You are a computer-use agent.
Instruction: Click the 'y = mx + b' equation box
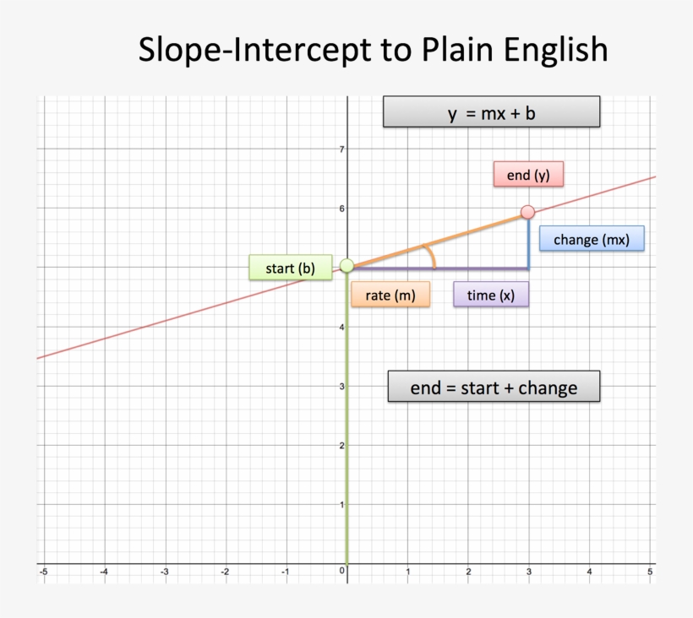click(x=491, y=112)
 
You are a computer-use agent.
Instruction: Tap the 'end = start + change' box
click(x=494, y=388)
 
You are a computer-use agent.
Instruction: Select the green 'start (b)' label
click(x=290, y=268)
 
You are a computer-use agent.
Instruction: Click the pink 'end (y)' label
click(x=528, y=176)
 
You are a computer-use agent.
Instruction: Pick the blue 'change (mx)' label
click(x=592, y=239)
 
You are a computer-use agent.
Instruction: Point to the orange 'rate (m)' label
click(x=390, y=295)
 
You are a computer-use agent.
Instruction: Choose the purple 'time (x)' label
click(x=490, y=295)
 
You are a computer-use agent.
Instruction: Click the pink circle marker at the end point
click(x=528, y=212)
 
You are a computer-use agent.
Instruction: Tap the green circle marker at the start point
click(x=346, y=266)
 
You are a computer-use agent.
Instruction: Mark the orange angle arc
click(x=430, y=255)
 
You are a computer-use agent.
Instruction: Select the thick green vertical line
click(x=346, y=422)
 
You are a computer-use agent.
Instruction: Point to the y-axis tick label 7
click(x=341, y=149)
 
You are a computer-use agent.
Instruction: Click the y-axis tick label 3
click(x=341, y=386)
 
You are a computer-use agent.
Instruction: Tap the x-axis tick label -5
click(x=43, y=572)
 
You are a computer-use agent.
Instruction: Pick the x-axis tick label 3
click(x=529, y=572)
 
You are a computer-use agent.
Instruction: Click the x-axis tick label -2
click(x=225, y=572)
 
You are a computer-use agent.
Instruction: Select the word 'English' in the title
click(x=554, y=50)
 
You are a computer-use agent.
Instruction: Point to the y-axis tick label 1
click(x=341, y=504)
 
